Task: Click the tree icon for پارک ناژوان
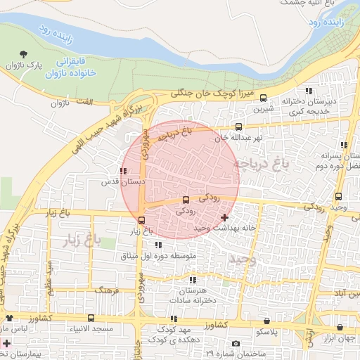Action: click(x=25, y=53)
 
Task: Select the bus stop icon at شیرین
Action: click(x=263, y=98)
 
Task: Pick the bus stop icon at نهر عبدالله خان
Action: click(x=239, y=127)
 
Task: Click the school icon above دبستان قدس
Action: click(x=123, y=171)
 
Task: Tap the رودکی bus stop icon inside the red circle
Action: click(x=186, y=200)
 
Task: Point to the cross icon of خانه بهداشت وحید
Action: click(x=224, y=218)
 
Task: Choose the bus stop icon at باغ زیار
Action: click(x=141, y=219)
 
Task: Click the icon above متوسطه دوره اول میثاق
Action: click(x=157, y=245)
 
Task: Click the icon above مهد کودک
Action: click(x=173, y=319)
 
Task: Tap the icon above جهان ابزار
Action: click(x=340, y=328)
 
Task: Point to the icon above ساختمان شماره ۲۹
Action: click(x=236, y=343)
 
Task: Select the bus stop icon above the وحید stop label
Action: click(x=339, y=196)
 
